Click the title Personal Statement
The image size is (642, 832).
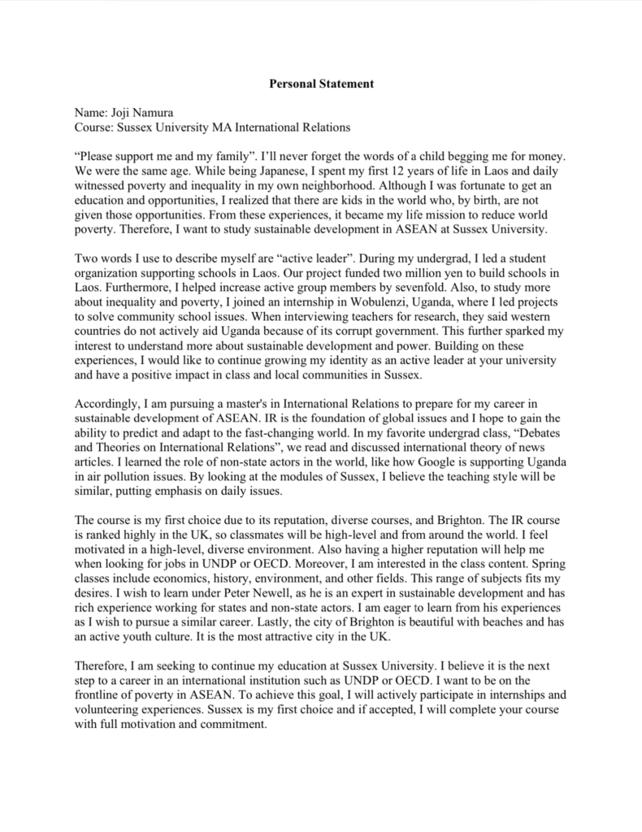tap(320, 84)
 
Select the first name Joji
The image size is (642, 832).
tap(121, 113)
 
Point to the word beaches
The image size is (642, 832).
tap(505, 623)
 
